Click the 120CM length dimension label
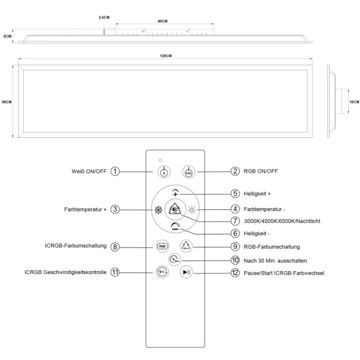click(165, 56)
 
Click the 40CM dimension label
click(163, 21)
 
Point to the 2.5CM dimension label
click(104, 17)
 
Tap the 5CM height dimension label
click(7, 36)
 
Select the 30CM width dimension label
click(7, 102)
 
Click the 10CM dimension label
click(353, 102)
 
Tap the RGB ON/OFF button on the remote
click(187, 172)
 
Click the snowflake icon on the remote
click(158, 210)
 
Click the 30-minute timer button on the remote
click(174, 260)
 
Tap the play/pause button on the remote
click(187, 272)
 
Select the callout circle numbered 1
click(115, 171)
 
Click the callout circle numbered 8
click(115, 246)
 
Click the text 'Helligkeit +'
click(258, 193)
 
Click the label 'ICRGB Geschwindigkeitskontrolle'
click(65, 273)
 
